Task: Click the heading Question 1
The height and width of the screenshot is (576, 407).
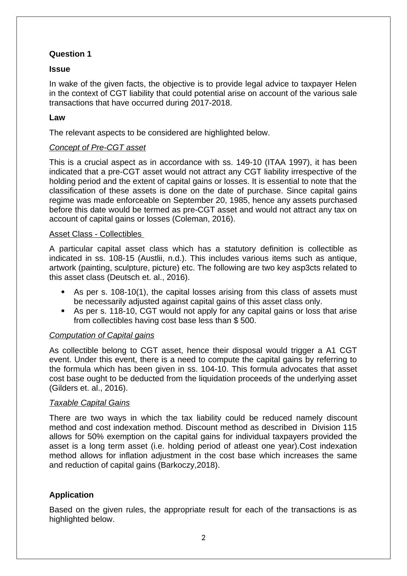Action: (x=70, y=54)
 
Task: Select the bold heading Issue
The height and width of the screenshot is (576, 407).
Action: (x=60, y=69)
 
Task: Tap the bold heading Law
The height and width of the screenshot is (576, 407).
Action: (x=57, y=117)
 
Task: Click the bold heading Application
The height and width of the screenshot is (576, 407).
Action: (x=71, y=495)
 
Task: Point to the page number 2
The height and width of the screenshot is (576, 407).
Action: (x=203, y=538)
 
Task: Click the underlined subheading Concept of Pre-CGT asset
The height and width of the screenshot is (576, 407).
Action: (x=97, y=147)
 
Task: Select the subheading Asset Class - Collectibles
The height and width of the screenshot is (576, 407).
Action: (x=96, y=234)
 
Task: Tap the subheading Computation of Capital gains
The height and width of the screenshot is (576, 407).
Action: (x=102, y=335)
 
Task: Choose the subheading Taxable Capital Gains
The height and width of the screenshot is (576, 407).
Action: (x=89, y=403)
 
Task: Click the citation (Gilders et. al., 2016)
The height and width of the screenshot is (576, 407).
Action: (x=89, y=388)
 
